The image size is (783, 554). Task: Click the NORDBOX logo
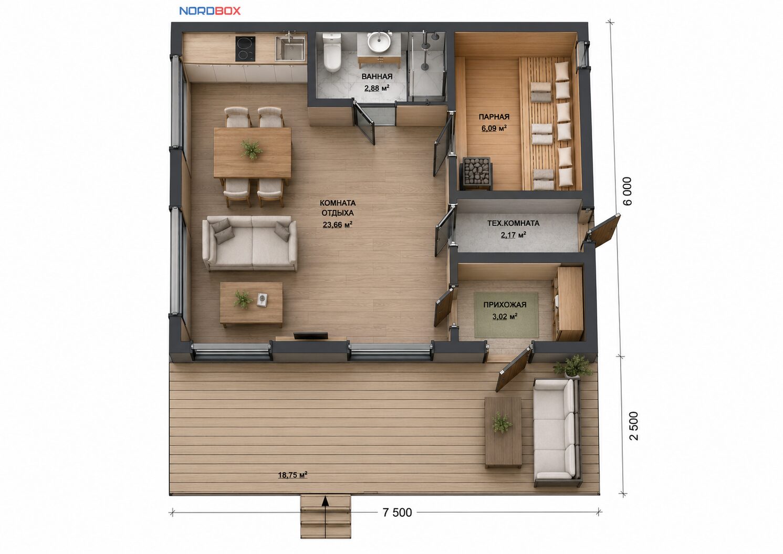click(210, 11)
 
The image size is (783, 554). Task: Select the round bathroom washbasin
click(379, 43)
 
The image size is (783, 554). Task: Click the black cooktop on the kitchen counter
click(245, 49)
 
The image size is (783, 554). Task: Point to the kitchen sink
click(290, 48)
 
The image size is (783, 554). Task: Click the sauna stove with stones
click(477, 173)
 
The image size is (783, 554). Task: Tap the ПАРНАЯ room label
click(494, 117)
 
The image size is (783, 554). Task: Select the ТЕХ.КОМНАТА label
click(513, 223)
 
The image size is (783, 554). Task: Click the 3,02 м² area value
click(505, 317)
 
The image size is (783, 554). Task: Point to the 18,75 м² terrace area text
click(293, 475)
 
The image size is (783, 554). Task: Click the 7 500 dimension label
click(397, 513)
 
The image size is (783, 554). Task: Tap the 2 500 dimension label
click(633, 426)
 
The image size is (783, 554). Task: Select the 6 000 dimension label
click(628, 191)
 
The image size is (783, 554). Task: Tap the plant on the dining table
click(252, 149)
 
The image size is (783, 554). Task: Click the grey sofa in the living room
click(250, 244)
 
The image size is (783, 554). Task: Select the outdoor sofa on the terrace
click(558, 433)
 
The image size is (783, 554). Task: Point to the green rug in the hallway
click(506, 315)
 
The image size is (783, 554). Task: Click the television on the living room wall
click(310, 336)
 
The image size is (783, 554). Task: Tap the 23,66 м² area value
click(337, 225)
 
